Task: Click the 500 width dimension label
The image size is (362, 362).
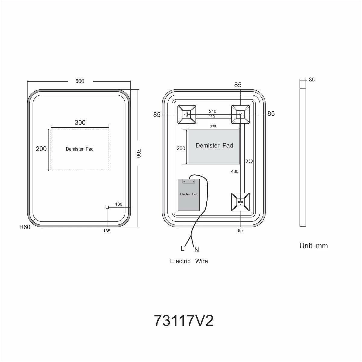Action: point(80,81)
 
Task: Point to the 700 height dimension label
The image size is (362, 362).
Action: point(138,153)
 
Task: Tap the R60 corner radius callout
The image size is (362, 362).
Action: point(25,227)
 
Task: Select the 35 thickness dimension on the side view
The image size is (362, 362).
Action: point(312,80)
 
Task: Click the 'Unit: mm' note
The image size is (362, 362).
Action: point(313,246)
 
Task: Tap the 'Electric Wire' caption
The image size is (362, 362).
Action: point(189,261)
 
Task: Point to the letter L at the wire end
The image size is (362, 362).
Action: point(183,249)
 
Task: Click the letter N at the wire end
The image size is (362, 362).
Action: point(197,250)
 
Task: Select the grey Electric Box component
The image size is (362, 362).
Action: point(189,195)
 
